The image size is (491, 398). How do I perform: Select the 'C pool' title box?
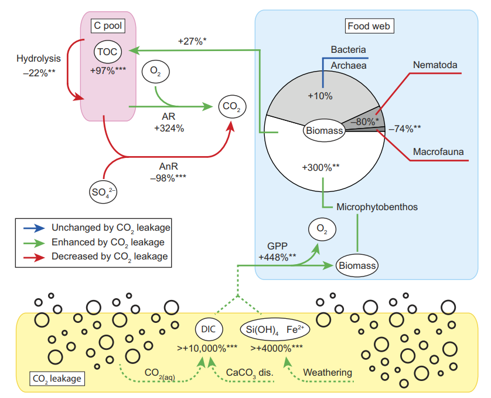pyautogui.click(x=108, y=26)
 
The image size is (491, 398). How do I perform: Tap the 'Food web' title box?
pyautogui.click(x=369, y=26)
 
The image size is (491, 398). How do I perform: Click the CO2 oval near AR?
pyautogui.click(x=232, y=107)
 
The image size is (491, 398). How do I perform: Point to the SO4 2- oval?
pyautogui.click(x=103, y=192)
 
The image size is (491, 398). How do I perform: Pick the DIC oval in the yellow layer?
pyautogui.click(x=209, y=329)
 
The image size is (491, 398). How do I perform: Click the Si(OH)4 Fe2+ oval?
pyautogui.click(x=275, y=329)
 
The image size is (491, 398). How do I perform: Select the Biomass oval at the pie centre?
pyautogui.click(x=324, y=130)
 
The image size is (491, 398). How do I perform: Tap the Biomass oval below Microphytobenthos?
pyautogui.click(x=357, y=265)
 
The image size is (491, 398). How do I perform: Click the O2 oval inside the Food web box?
pyautogui.click(x=322, y=230)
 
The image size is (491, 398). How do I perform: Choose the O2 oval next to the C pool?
pyautogui.click(x=156, y=72)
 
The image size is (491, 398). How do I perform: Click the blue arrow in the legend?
pyautogui.click(x=34, y=228)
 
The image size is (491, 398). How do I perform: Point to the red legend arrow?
pyautogui.click(x=34, y=258)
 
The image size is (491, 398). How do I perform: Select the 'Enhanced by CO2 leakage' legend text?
pyautogui.click(x=108, y=243)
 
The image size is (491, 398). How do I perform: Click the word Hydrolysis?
pyautogui.click(x=39, y=59)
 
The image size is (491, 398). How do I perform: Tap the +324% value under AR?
pyautogui.click(x=169, y=129)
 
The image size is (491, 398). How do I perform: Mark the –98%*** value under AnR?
pyautogui.click(x=168, y=178)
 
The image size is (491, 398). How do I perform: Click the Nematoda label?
pyautogui.click(x=435, y=65)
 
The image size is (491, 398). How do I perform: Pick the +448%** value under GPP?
pyautogui.click(x=277, y=257)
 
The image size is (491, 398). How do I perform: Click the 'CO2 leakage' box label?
pyautogui.click(x=57, y=379)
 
